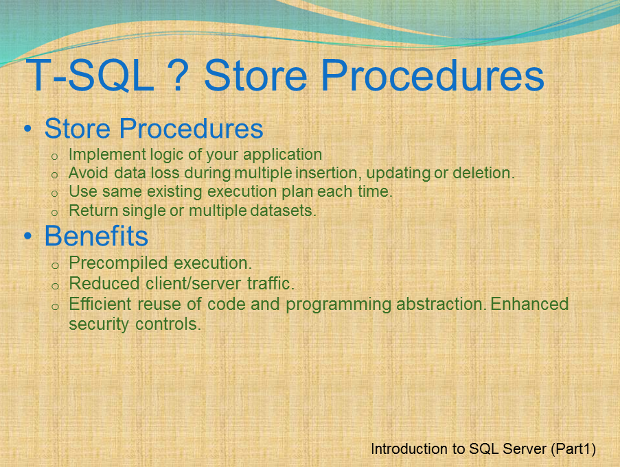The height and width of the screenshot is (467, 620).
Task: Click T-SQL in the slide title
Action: tap(89, 75)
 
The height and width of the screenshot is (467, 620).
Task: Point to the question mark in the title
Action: tap(179, 75)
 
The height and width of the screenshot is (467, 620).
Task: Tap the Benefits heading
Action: tap(96, 236)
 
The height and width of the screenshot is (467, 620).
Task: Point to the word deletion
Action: tap(483, 173)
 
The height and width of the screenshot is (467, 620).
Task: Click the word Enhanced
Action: tap(530, 303)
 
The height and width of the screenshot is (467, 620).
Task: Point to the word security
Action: tap(95, 324)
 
